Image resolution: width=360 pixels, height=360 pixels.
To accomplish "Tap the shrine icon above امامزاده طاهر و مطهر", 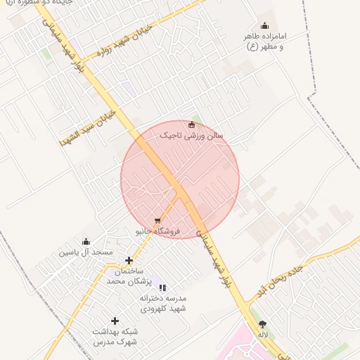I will coord(264,26).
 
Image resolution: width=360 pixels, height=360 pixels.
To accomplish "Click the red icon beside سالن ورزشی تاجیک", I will coord(191,125).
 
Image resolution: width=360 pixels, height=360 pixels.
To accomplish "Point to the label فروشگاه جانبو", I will coord(158,231).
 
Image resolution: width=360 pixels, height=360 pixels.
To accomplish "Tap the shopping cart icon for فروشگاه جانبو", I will coord(157,221).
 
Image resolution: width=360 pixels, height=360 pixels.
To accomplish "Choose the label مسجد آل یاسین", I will coord(86,252).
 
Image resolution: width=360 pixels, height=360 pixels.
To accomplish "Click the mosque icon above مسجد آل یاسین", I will coord(86,242).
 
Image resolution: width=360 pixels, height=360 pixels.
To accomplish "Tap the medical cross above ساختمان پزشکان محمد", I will coord(129,261).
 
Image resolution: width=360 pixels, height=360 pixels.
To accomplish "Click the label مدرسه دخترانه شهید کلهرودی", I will coord(162,303).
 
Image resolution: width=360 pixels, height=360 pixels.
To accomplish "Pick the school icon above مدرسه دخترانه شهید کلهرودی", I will coord(162,288).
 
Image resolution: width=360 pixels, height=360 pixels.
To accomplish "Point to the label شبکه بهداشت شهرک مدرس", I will coord(115,337).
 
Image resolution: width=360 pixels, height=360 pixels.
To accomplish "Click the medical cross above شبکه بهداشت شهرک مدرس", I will coord(115,321).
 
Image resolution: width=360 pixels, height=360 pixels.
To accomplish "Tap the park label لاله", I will coord(262,335).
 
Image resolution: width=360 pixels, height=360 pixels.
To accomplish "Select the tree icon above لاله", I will coord(262,324).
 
